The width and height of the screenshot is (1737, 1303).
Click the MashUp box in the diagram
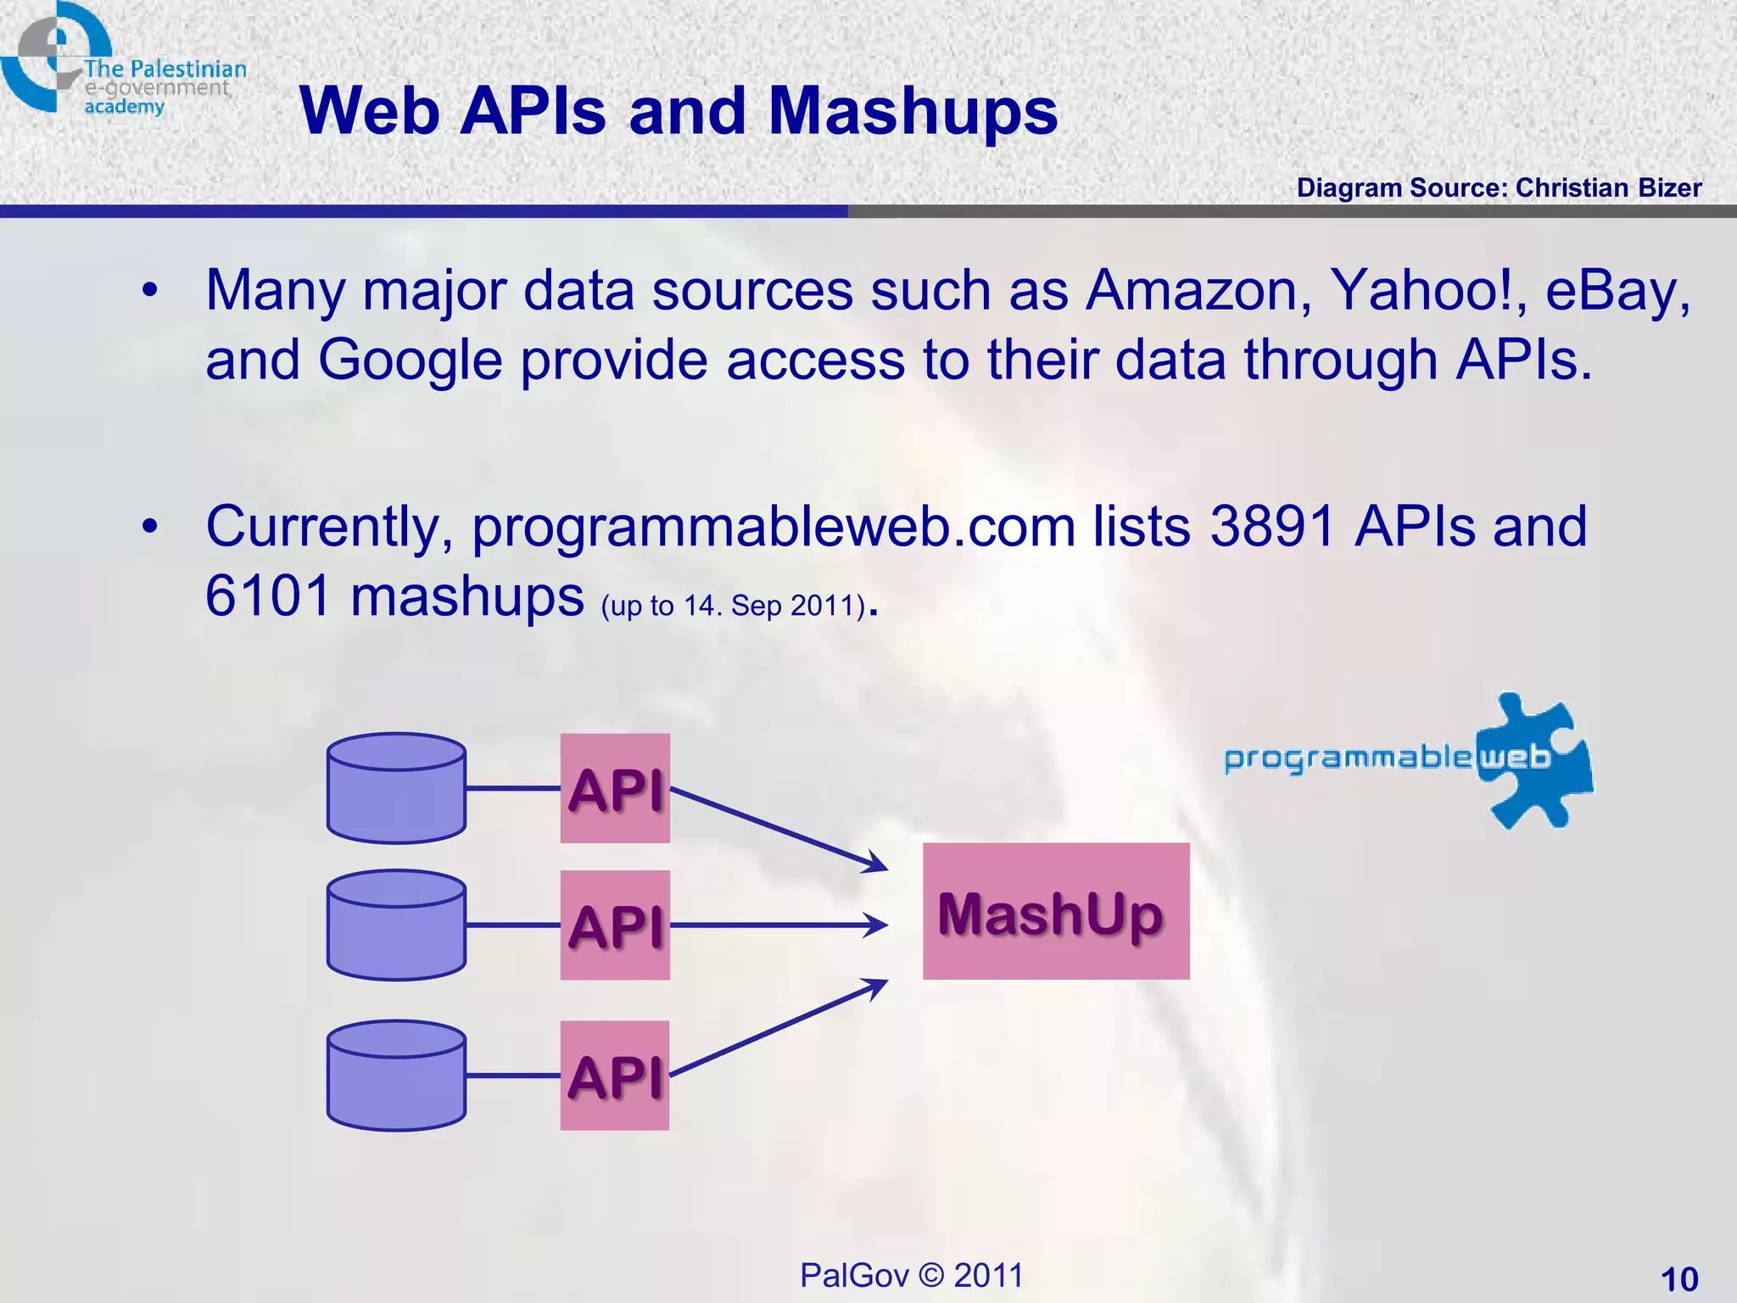[x=1055, y=911]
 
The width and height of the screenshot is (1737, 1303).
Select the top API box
[x=615, y=788]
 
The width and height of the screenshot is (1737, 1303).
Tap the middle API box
[x=615, y=925]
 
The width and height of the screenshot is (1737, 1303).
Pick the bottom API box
[x=615, y=1076]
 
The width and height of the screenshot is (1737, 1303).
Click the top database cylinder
[x=396, y=788]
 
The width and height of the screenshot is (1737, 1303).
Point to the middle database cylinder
[x=396, y=925]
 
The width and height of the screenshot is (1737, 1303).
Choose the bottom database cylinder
[x=396, y=1076]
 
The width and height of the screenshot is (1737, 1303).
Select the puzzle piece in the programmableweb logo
[x=1535, y=760]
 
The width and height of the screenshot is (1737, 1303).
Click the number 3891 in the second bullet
[x=1273, y=527]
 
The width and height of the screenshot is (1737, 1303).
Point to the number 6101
[x=267, y=596]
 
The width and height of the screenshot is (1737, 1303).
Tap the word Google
[x=411, y=360]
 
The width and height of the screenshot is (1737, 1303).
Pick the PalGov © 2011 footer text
[x=911, y=1275]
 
